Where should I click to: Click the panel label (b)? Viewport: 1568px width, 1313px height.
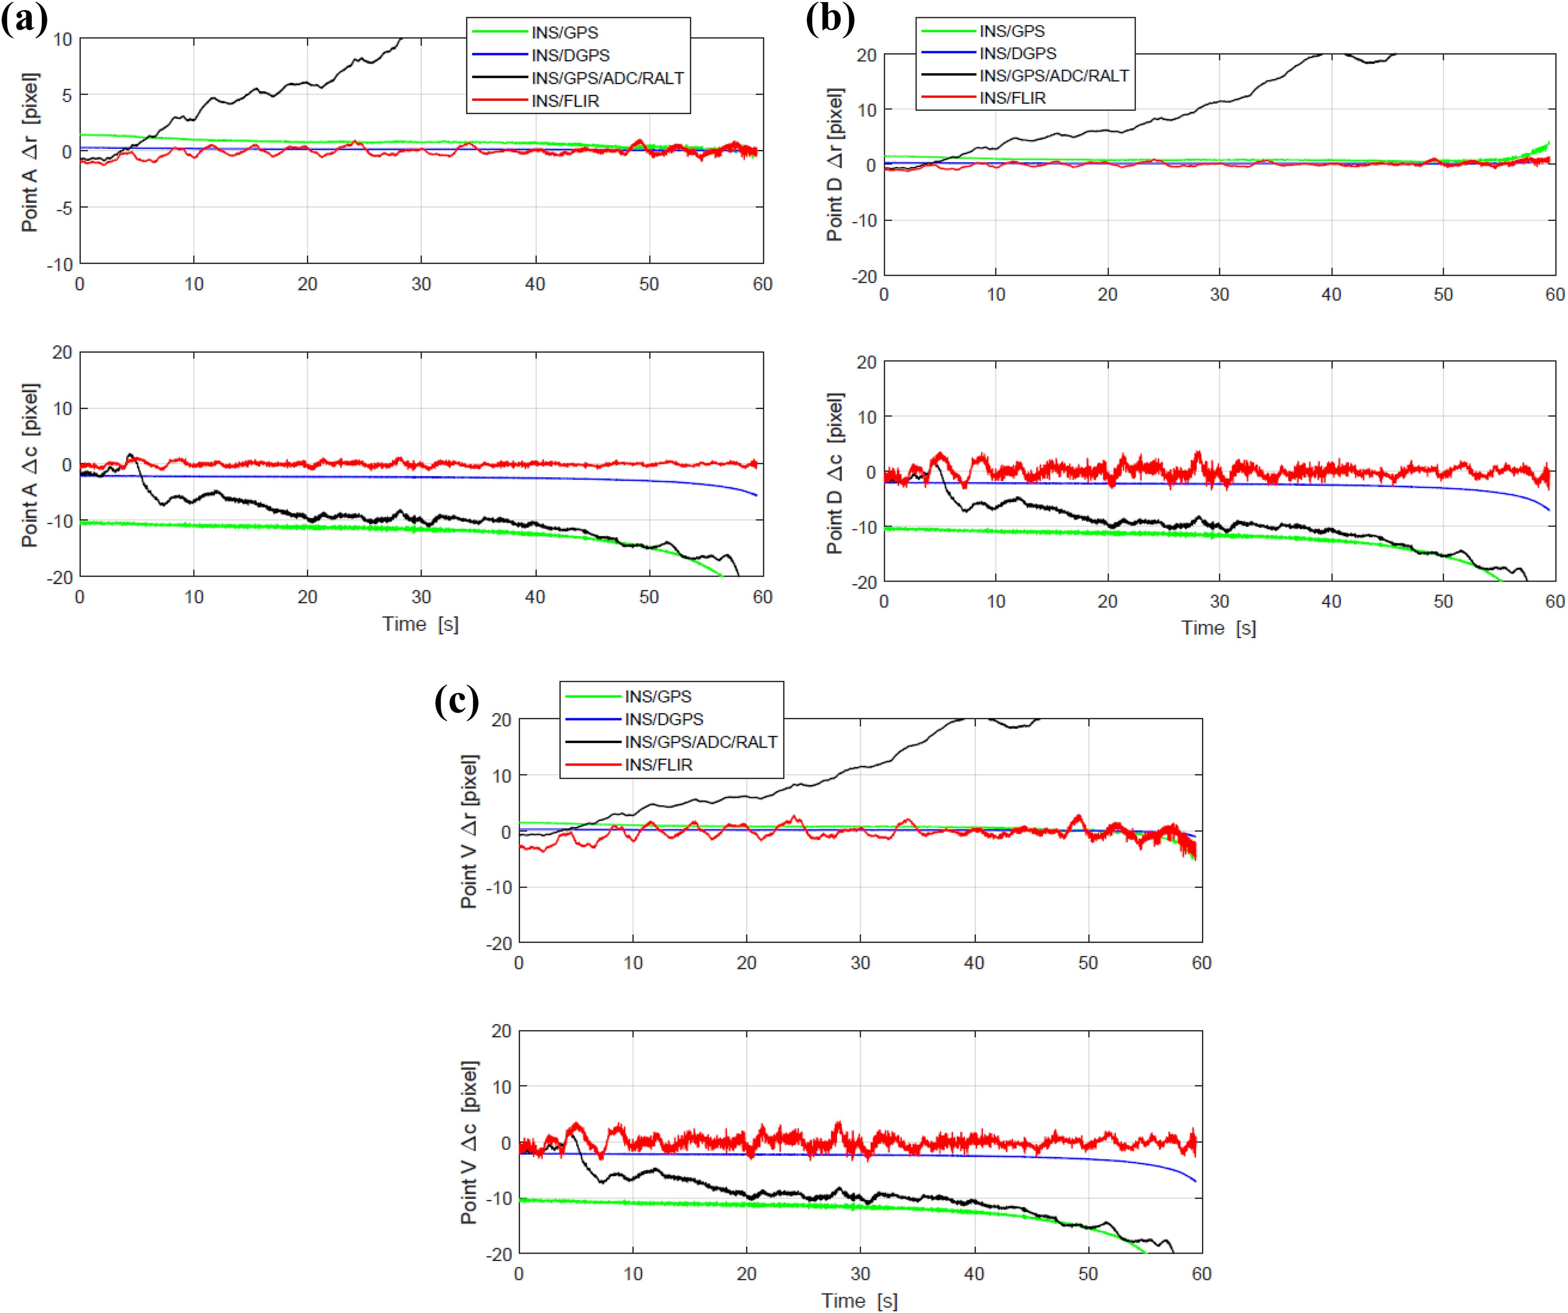(830, 18)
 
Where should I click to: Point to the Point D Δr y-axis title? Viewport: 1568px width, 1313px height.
(834, 164)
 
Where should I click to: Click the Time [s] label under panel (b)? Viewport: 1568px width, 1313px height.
(1219, 628)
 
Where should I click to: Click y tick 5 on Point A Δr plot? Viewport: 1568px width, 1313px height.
(67, 95)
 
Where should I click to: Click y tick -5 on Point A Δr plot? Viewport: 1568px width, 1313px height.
(64, 207)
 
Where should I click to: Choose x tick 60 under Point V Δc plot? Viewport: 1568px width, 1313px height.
(1201, 1274)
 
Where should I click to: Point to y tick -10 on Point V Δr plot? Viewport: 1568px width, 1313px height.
(499, 887)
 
